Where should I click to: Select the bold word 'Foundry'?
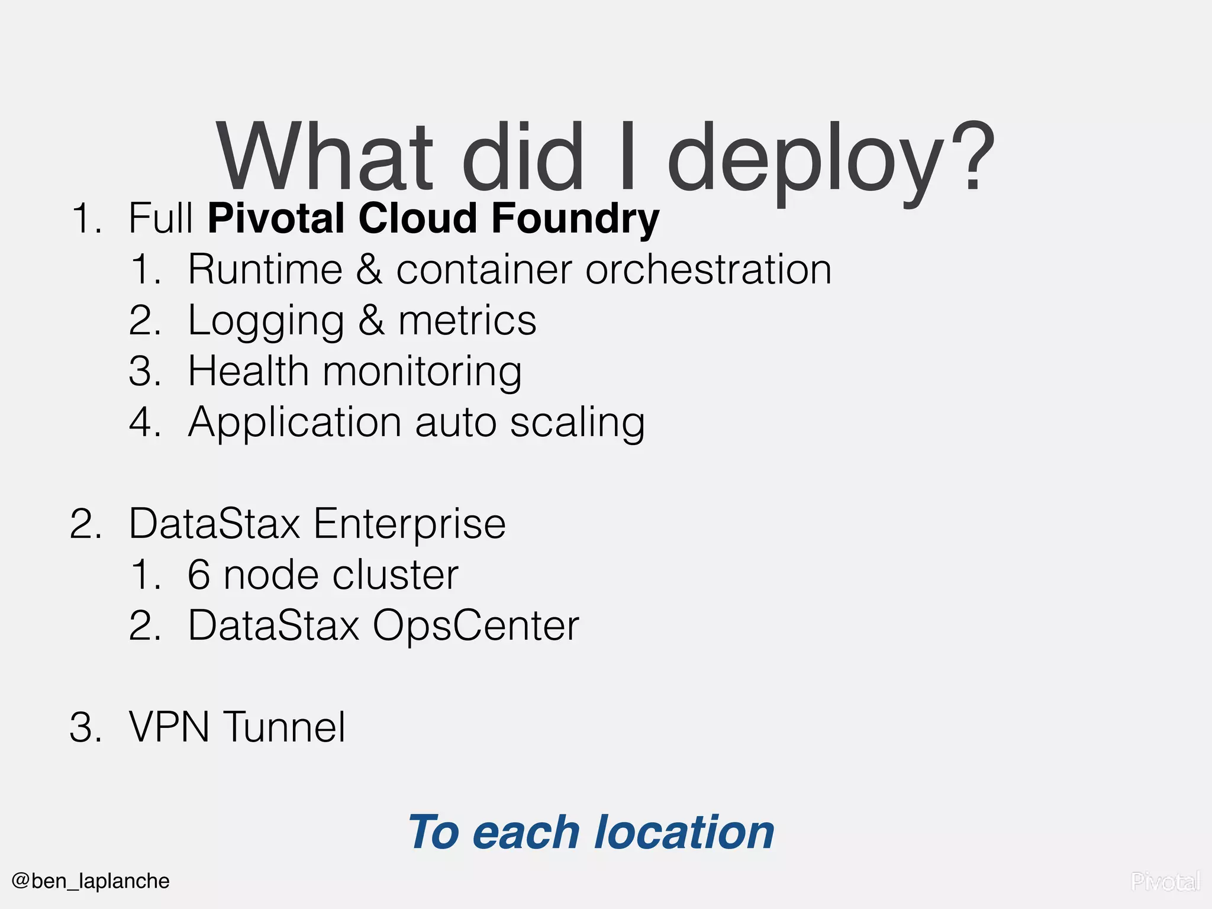[575, 219]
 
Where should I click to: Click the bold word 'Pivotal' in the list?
[276, 218]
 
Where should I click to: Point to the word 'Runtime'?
[265, 270]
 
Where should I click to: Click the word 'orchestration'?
[708, 270]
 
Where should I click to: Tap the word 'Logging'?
[266, 321]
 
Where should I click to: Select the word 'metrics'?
[467, 321]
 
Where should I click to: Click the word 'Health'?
[248, 372]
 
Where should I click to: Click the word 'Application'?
[295, 423]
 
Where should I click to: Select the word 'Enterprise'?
[410, 524]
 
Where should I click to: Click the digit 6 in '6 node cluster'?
[199, 575]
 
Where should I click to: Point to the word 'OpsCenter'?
[476, 626]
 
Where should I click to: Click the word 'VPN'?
[169, 727]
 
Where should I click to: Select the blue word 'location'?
[684, 832]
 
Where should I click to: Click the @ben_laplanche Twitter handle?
[91, 881]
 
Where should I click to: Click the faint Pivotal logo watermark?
[1165, 882]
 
